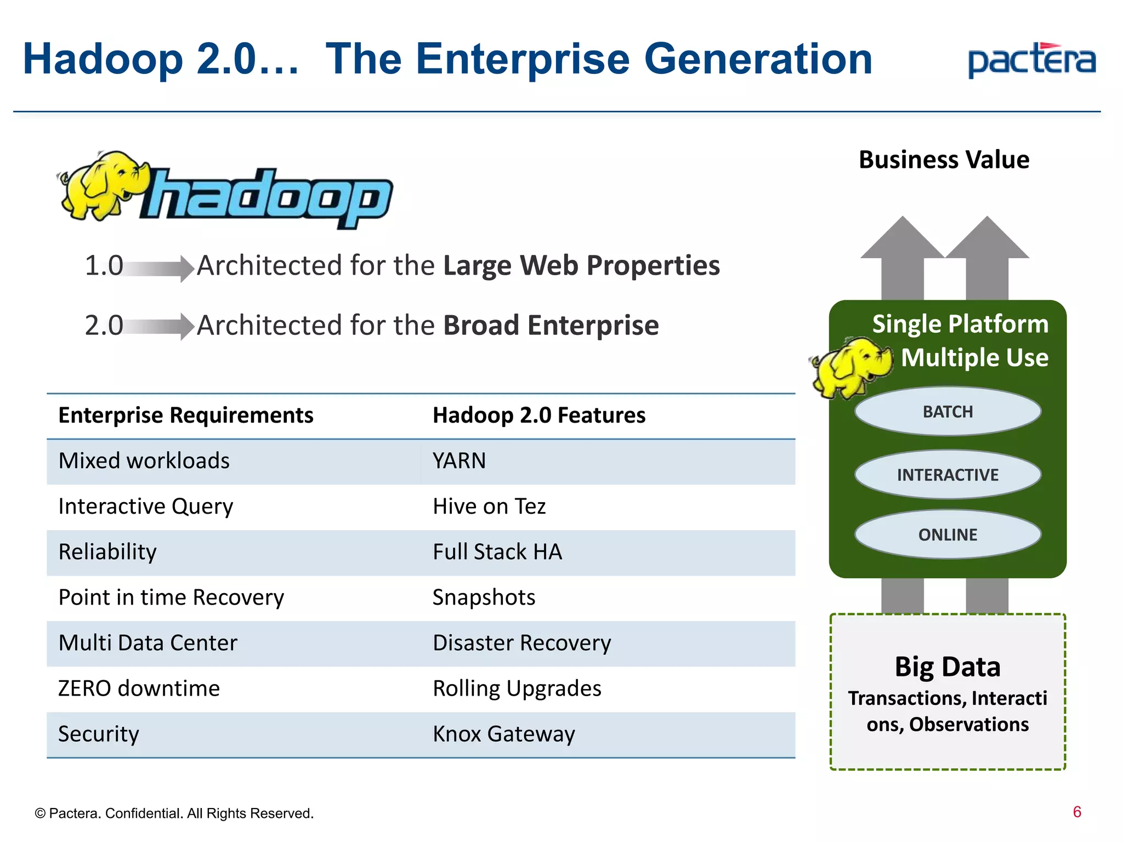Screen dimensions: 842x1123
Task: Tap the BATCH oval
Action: (x=948, y=412)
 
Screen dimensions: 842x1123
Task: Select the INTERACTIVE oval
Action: (x=948, y=475)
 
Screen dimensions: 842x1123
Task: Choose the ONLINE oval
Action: (x=948, y=534)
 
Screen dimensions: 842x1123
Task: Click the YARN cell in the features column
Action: (x=459, y=461)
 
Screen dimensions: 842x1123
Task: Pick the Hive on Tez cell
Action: (x=489, y=507)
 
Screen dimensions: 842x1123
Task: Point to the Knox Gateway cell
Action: (x=503, y=734)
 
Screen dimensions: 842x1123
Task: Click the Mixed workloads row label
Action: (x=144, y=461)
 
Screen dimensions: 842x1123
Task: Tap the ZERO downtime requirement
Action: (x=139, y=689)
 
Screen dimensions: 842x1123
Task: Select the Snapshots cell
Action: (x=484, y=598)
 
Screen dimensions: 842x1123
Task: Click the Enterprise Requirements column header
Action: (x=186, y=416)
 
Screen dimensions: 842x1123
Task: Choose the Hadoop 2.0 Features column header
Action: (x=539, y=416)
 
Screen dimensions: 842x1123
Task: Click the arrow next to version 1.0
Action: (x=159, y=268)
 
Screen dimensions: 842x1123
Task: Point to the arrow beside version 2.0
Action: (x=159, y=327)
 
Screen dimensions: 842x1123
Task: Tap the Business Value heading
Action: (x=944, y=160)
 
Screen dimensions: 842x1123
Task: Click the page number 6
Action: (x=1077, y=812)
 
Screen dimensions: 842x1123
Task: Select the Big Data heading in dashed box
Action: (x=948, y=667)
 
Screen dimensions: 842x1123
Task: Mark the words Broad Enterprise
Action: (x=551, y=326)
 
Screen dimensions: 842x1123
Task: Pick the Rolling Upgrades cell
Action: (x=517, y=689)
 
